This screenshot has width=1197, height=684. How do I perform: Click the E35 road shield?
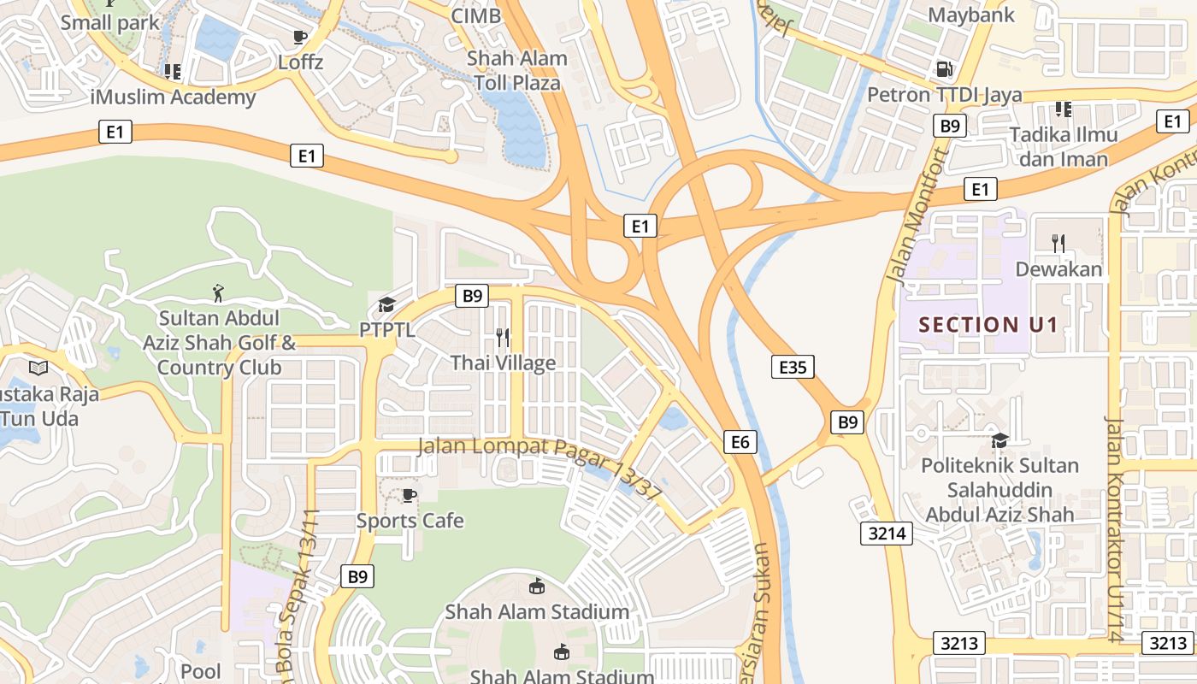pos(792,368)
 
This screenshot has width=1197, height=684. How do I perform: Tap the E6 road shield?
pos(740,441)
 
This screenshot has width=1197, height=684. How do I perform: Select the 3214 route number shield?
pos(886,534)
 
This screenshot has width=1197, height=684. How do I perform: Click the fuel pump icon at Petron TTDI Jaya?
pos(945,69)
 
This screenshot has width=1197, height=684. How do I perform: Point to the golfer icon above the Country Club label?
pos(219,293)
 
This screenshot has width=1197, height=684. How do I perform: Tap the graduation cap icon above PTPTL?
pos(387,305)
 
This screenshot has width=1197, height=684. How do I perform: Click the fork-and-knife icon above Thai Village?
pos(503,338)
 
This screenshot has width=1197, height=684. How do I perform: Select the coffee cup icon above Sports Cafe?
pos(409,495)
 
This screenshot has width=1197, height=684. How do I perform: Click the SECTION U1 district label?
pos(988,325)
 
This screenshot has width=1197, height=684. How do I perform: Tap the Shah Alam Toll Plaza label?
pos(516,71)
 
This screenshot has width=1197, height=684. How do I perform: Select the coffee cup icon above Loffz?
pos(300,37)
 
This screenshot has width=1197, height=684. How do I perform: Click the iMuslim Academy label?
pos(173,97)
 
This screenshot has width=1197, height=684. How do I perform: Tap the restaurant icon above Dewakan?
pos(1058,242)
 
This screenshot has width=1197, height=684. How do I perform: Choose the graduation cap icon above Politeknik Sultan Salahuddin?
pos(999,440)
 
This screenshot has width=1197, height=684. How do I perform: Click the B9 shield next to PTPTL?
pos(472,296)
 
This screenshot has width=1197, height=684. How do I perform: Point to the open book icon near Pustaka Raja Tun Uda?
pos(38,368)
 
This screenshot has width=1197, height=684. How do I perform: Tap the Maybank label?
pos(971,15)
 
